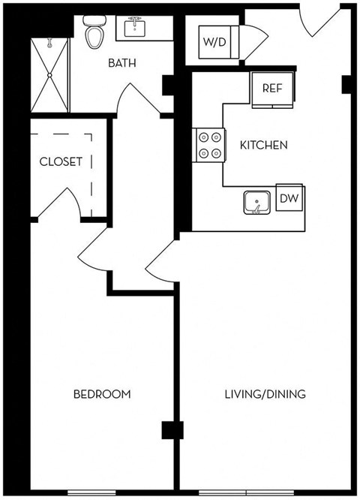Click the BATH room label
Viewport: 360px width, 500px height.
pyautogui.click(x=122, y=63)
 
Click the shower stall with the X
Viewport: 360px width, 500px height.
pyautogui.click(x=50, y=74)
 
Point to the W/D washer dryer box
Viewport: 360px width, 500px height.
pyautogui.click(x=212, y=42)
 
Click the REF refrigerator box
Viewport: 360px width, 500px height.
pyautogui.click(x=271, y=88)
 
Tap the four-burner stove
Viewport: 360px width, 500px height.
pyautogui.click(x=210, y=146)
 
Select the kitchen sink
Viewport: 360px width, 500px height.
pyautogui.click(x=257, y=203)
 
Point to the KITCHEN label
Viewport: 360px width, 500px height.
pyautogui.click(x=262, y=145)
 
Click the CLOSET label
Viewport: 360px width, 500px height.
pyautogui.click(x=61, y=161)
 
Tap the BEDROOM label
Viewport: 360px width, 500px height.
pyautogui.click(x=101, y=394)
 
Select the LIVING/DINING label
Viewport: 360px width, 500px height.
pyautogui.click(x=265, y=394)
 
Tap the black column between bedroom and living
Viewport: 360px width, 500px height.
pyautogui.click(x=172, y=430)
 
